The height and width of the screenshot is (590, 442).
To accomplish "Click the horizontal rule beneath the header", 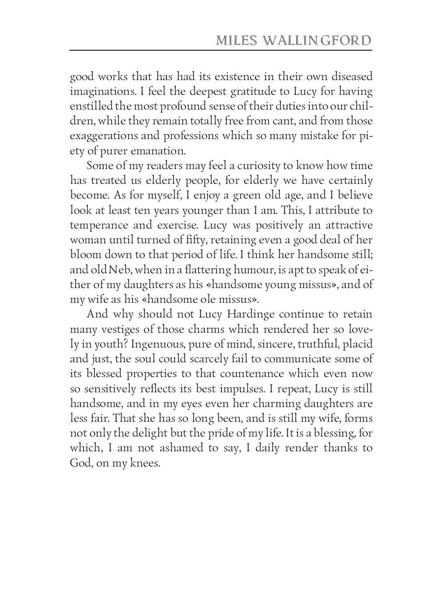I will (221, 50).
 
